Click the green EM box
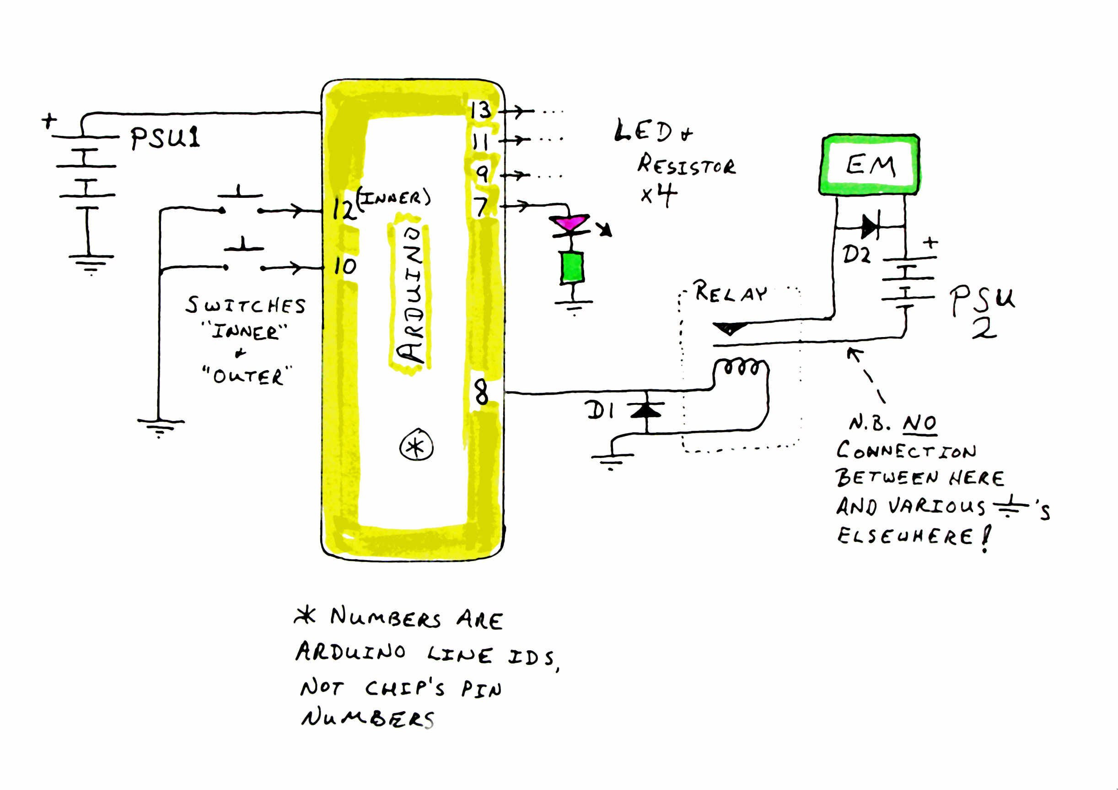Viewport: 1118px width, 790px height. (x=870, y=165)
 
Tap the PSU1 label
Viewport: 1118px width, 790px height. (x=165, y=137)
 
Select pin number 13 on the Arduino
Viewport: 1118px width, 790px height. (x=481, y=110)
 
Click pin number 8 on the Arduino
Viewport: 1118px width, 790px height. (x=481, y=392)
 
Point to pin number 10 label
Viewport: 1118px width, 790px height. (x=345, y=266)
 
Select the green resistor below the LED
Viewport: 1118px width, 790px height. (x=572, y=267)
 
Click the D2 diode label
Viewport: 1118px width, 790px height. (x=856, y=254)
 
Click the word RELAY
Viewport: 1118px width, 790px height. (x=730, y=292)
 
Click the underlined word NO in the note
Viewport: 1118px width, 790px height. (x=920, y=423)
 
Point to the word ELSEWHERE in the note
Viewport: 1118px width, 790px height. (x=905, y=536)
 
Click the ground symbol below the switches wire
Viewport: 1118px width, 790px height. (x=160, y=426)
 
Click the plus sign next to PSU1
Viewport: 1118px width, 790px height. (x=48, y=120)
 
